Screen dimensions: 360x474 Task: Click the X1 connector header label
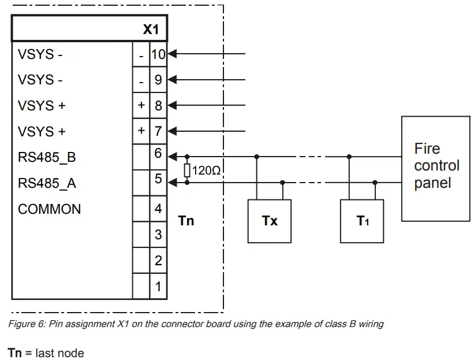pyautogui.click(x=151, y=29)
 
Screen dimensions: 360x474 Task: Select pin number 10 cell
pyautogui.click(x=158, y=55)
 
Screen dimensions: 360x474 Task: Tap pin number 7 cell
pyautogui.click(x=158, y=131)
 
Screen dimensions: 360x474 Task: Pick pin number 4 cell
pyautogui.click(x=158, y=209)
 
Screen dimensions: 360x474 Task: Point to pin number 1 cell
pyautogui.click(x=158, y=287)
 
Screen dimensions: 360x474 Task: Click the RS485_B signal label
pyautogui.click(x=47, y=157)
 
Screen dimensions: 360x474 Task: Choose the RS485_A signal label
pyautogui.click(x=47, y=183)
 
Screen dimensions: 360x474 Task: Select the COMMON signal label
pyautogui.click(x=50, y=209)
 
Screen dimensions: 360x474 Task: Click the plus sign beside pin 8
pyautogui.click(x=141, y=105)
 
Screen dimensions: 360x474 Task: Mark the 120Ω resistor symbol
pyautogui.click(x=187, y=170)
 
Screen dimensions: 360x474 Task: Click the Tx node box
pyautogui.click(x=270, y=221)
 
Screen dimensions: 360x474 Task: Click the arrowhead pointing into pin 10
pyautogui.click(x=171, y=54)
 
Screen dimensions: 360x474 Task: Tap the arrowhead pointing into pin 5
pyautogui.click(x=171, y=183)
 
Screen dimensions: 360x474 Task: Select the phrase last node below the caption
pyautogui.click(x=59, y=352)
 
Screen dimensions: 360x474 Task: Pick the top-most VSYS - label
pyautogui.click(x=40, y=54)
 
